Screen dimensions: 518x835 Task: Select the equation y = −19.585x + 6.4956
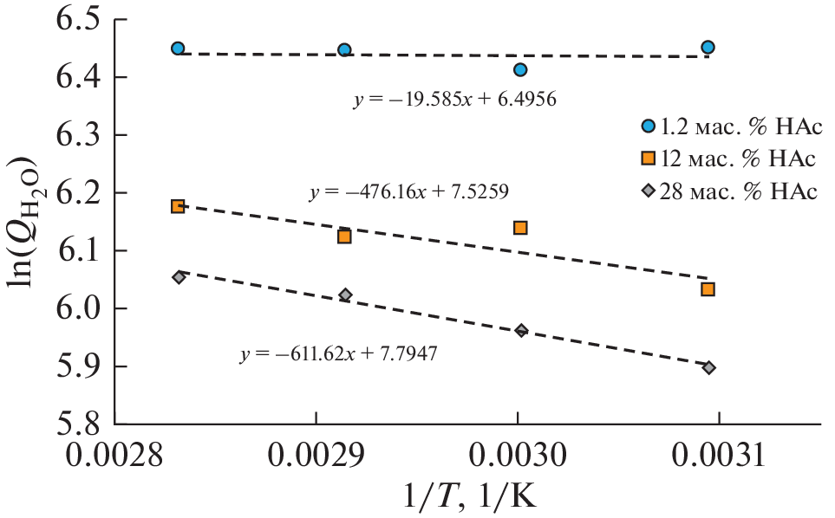[x=453, y=100]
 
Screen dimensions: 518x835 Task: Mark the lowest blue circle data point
[x=520, y=70]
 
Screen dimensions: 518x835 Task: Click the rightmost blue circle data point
[x=708, y=47]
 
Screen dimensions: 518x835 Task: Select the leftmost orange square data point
[x=178, y=206]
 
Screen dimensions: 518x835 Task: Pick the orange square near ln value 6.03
[x=708, y=289]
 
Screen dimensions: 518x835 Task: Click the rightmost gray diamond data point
[x=708, y=368]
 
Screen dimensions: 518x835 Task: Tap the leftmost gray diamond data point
[x=179, y=277]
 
